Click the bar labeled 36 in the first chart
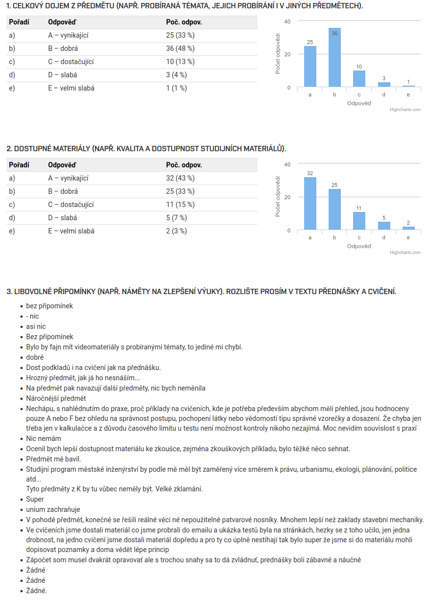(x=334, y=58)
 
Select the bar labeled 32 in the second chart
(x=310, y=203)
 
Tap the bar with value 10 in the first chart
(x=359, y=79)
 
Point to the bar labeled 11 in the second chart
(x=359, y=221)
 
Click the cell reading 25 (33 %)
(x=180, y=35)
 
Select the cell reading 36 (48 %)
(x=180, y=48)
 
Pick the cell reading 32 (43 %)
(x=180, y=178)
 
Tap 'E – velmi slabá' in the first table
(x=71, y=88)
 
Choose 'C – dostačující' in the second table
(x=71, y=205)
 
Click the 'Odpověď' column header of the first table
(x=62, y=22)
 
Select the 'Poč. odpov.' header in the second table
(x=184, y=165)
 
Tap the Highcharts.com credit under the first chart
(x=405, y=110)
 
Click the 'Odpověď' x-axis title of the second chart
(x=359, y=246)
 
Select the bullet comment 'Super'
(x=35, y=499)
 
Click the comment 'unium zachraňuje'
(x=53, y=509)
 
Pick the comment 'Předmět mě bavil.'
(x=53, y=459)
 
